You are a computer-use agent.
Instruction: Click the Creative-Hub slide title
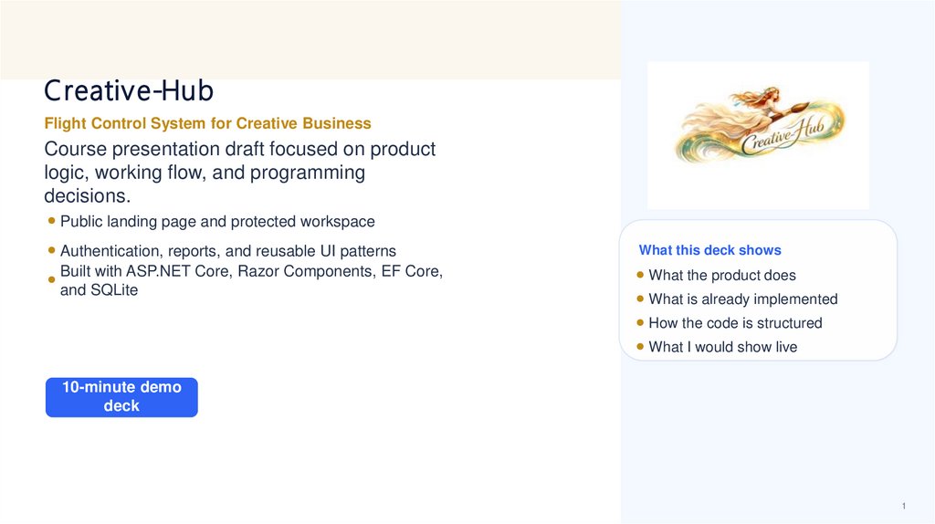(129, 91)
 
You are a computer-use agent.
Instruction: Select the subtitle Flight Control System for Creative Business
(207, 123)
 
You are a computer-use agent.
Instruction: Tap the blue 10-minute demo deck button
(121, 397)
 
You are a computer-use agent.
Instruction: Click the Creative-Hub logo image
(759, 135)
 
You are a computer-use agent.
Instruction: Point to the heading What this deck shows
(709, 250)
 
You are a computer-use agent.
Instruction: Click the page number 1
(903, 507)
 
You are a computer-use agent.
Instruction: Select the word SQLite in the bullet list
(113, 290)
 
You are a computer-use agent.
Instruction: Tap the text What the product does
(721, 276)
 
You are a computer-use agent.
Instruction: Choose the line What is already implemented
(742, 299)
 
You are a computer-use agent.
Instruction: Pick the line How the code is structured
(735, 323)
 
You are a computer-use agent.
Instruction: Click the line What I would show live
(722, 347)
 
